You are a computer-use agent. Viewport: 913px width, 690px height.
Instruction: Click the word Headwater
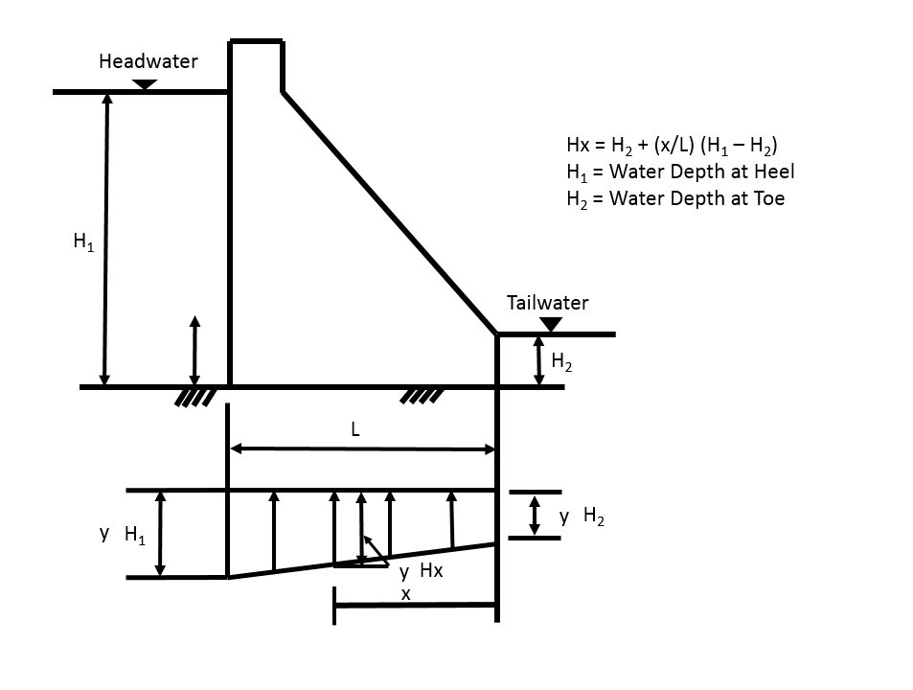148,61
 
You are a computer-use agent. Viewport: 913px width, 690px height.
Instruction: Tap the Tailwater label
547,303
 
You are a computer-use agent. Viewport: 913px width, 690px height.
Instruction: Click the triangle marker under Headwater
145,84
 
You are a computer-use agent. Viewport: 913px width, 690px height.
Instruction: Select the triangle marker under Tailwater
551,324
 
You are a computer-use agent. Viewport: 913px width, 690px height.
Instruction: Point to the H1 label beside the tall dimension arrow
83,241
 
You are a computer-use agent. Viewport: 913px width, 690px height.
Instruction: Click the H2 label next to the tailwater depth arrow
561,361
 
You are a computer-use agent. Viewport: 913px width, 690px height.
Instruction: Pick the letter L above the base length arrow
355,429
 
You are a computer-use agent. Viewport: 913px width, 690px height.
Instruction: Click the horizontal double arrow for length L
362,448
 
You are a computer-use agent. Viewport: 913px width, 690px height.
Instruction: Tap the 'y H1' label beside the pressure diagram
123,534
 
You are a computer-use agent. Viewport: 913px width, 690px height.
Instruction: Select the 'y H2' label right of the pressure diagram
582,517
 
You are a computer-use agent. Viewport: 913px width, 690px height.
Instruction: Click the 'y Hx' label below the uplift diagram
421,571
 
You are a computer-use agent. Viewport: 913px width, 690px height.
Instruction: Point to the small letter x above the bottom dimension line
406,594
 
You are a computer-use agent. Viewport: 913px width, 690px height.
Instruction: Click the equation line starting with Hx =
672,146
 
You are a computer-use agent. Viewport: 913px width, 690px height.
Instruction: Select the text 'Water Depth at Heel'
701,172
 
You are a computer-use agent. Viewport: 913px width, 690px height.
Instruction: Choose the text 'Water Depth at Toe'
697,198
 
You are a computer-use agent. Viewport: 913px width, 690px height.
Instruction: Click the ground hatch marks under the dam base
422,396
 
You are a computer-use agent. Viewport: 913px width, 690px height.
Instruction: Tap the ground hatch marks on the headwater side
195,398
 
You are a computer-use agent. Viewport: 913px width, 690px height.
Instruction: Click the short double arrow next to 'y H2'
534,516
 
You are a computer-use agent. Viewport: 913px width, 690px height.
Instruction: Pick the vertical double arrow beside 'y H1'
161,534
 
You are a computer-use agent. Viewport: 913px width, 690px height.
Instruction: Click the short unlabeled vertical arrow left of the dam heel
195,351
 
